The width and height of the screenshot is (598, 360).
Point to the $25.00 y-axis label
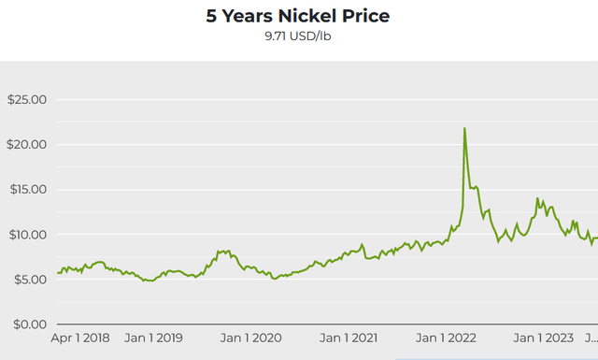pos(26,100)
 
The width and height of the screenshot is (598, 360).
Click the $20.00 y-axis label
pos(26,145)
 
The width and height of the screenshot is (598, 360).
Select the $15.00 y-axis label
pos(26,190)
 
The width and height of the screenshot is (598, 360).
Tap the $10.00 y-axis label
pos(26,235)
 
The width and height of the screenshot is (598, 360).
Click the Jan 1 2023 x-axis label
pos(545,338)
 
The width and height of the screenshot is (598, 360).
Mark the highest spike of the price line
pos(464,129)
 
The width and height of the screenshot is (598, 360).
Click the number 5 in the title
pos(212,16)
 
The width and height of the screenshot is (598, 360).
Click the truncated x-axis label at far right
pos(590,338)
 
